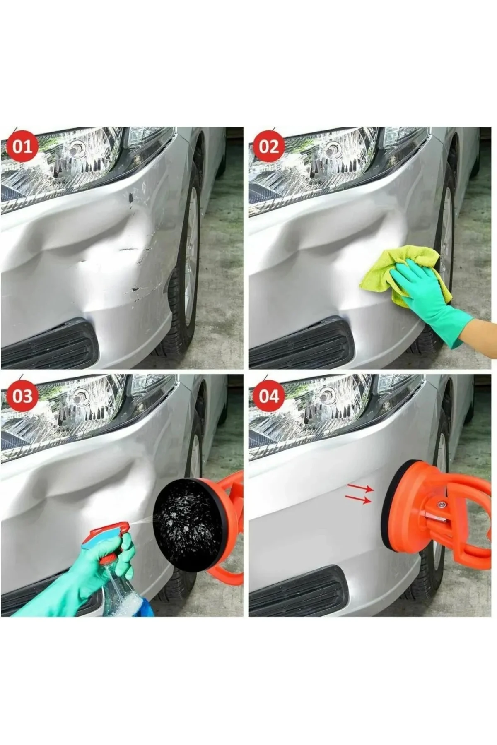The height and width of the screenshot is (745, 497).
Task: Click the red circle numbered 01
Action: coord(22,147)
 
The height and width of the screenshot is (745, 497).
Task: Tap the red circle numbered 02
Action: coord(269,147)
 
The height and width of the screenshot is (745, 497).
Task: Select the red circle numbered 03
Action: coord(22,396)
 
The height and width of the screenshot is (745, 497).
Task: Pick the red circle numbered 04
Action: coord(269,396)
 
